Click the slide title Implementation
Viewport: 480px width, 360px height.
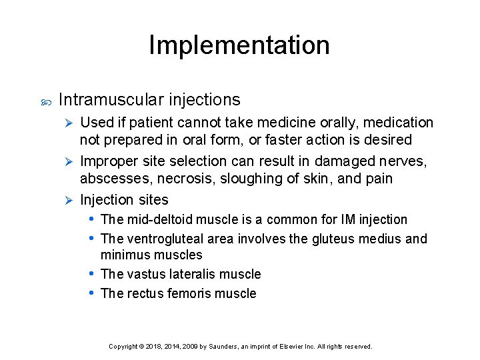coord(239,45)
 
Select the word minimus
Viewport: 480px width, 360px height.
coord(125,255)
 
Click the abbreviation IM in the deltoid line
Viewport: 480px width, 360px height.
coord(348,219)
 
